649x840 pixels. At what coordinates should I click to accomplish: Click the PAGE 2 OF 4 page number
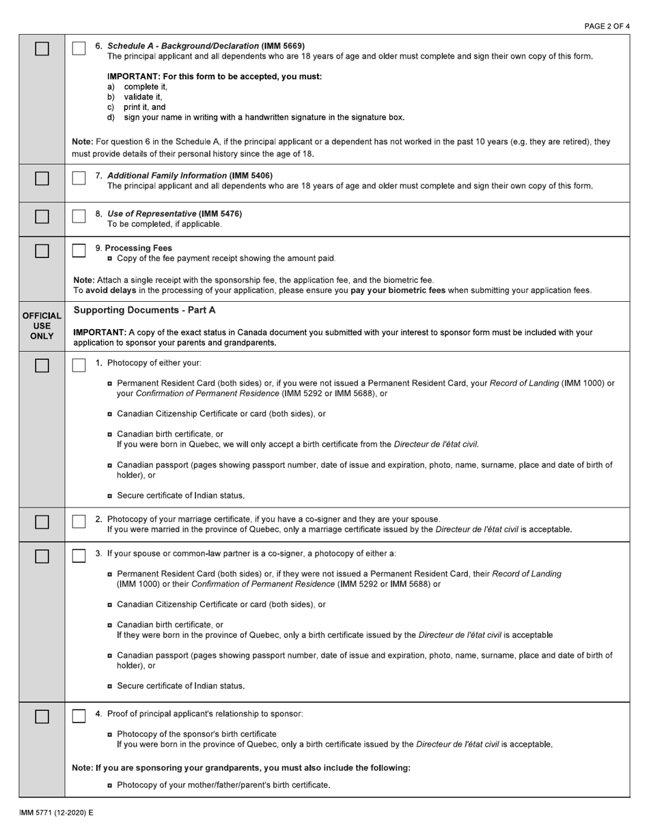click(x=607, y=26)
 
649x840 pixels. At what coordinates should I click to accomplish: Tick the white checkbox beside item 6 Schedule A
click(x=79, y=48)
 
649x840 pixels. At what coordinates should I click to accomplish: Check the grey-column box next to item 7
click(x=42, y=178)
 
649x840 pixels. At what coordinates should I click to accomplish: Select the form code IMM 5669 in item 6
click(x=283, y=46)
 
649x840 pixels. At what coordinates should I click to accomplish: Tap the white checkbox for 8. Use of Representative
click(x=79, y=216)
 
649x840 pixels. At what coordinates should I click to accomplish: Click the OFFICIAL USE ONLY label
click(x=42, y=326)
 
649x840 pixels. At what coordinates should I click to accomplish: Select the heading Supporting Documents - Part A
click(x=144, y=310)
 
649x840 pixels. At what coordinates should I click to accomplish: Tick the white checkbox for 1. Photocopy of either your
click(x=79, y=365)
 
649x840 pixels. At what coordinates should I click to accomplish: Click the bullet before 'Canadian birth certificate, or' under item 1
click(x=110, y=434)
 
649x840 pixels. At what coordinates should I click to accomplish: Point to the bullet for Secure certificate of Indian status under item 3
click(x=110, y=686)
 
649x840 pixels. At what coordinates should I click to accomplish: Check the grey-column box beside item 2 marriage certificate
click(x=42, y=522)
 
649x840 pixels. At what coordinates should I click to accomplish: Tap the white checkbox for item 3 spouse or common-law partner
click(x=79, y=556)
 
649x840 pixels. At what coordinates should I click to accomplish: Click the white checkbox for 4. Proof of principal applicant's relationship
click(x=79, y=716)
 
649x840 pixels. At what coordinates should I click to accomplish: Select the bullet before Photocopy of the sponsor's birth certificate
click(x=110, y=734)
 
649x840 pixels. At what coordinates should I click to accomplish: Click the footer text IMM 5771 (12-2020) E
click(x=56, y=813)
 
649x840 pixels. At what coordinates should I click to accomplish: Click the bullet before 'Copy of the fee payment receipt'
click(x=110, y=258)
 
